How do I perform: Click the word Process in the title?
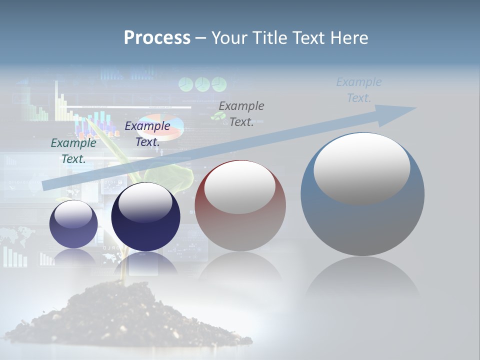click(157, 38)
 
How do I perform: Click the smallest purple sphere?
click(73, 224)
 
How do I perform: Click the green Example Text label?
click(73, 150)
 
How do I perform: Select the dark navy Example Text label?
click(147, 133)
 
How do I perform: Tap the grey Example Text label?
click(241, 113)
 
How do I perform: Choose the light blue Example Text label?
click(359, 90)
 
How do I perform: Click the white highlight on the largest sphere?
click(361, 167)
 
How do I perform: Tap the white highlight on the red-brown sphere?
click(239, 187)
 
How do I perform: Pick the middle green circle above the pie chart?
click(202, 84)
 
